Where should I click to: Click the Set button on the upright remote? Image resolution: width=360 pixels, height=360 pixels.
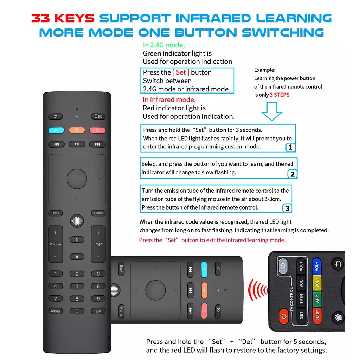click(98, 116)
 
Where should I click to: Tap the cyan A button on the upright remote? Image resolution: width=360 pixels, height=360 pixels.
click(56, 130)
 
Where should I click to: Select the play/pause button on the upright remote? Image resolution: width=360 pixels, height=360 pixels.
click(77, 144)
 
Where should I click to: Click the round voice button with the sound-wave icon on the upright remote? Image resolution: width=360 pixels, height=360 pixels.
click(77, 221)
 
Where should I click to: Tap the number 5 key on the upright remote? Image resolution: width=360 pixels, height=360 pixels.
click(77, 286)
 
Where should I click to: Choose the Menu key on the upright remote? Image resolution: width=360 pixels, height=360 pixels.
click(55, 311)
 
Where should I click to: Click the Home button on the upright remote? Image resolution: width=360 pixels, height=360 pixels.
click(98, 213)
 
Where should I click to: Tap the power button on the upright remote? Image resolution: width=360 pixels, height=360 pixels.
click(55, 116)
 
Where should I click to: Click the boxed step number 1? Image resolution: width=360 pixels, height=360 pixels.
click(290, 147)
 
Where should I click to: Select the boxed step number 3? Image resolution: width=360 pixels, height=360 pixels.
click(287, 208)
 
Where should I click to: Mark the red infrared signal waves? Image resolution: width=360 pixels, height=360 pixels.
click(258, 290)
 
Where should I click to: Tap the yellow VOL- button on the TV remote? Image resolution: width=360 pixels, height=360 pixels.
click(317, 283)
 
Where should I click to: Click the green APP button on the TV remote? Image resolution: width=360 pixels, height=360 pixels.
click(317, 299)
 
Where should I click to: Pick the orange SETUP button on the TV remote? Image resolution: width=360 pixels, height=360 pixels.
click(317, 315)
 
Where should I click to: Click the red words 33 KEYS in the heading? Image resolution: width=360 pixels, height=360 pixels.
click(63, 18)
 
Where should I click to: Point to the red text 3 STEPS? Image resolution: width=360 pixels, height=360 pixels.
click(279, 95)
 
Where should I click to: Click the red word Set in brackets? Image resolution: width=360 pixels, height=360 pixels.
click(181, 72)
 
